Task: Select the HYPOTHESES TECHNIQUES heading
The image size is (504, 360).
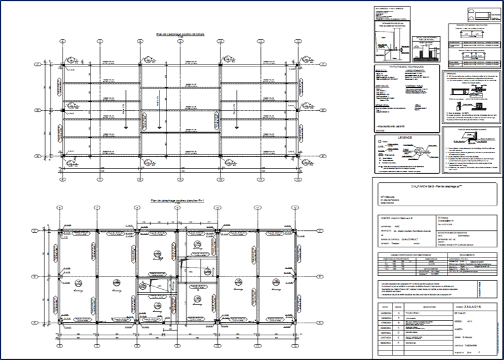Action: coord(405,65)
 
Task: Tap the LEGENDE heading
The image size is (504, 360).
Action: coord(405,137)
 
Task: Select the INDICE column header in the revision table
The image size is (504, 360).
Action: coord(398,305)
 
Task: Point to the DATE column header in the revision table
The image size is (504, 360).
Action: coord(382,305)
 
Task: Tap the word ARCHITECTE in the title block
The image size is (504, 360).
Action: coord(386,232)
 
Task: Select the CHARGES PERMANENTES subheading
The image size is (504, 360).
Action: coord(416,71)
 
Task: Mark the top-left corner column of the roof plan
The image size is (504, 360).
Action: coord(63,65)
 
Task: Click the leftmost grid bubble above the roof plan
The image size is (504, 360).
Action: coord(63,40)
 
